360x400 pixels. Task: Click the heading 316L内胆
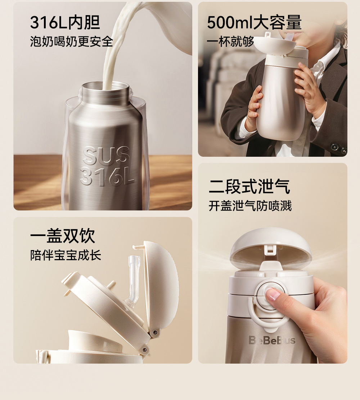click(65, 23)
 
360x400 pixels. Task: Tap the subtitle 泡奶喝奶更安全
click(71, 41)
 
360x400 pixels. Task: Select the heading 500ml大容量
click(254, 23)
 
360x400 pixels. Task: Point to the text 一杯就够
click(230, 41)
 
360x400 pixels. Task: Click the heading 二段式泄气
click(249, 187)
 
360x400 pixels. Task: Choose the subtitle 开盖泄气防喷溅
click(250, 206)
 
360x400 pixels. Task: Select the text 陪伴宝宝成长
click(66, 255)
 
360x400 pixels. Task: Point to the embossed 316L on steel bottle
click(107, 176)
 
